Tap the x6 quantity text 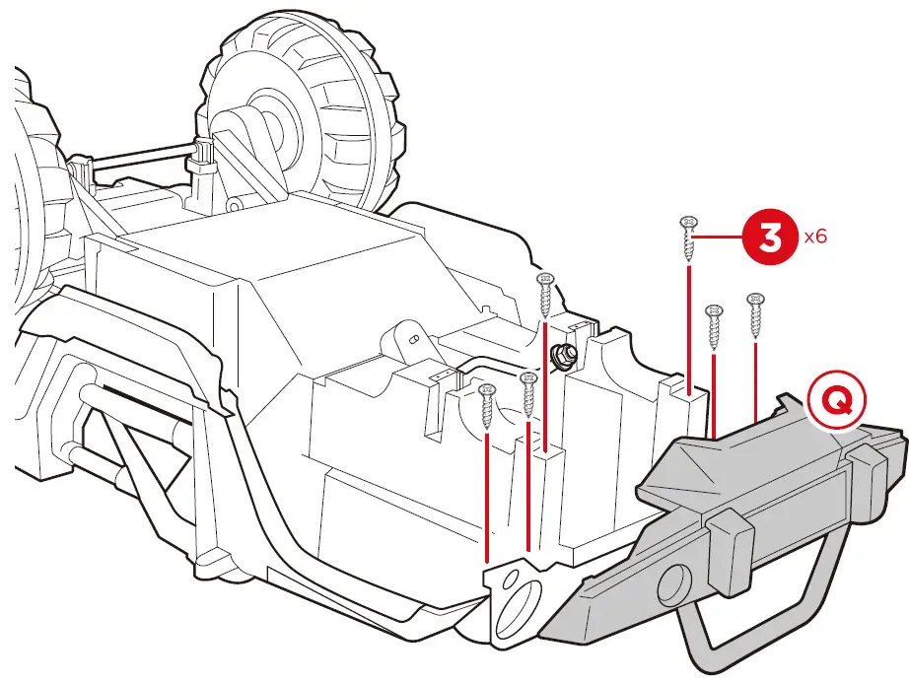(x=816, y=238)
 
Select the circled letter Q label (x=834, y=401)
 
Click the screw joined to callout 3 (x=688, y=238)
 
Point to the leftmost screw (x=486, y=405)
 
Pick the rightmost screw (x=756, y=313)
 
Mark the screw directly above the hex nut (x=544, y=295)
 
